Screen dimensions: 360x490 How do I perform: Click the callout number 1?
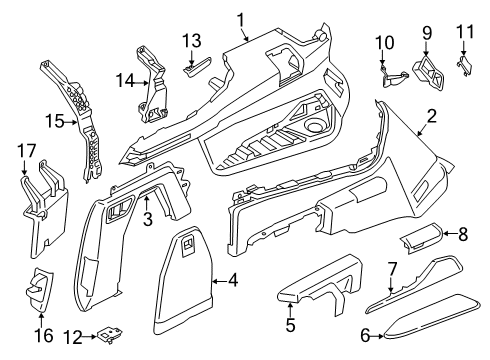(x=240, y=17)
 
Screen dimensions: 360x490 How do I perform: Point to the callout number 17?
(x=27, y=151)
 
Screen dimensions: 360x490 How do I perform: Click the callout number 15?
(x=57, y=123)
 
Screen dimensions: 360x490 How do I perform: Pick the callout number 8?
(x=462, y=261)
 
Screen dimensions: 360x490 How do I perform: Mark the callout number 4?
(x=233, y=281)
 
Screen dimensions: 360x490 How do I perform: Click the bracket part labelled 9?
(x=431, y=67)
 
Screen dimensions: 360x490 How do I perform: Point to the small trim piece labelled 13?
(x=196, y=67)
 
